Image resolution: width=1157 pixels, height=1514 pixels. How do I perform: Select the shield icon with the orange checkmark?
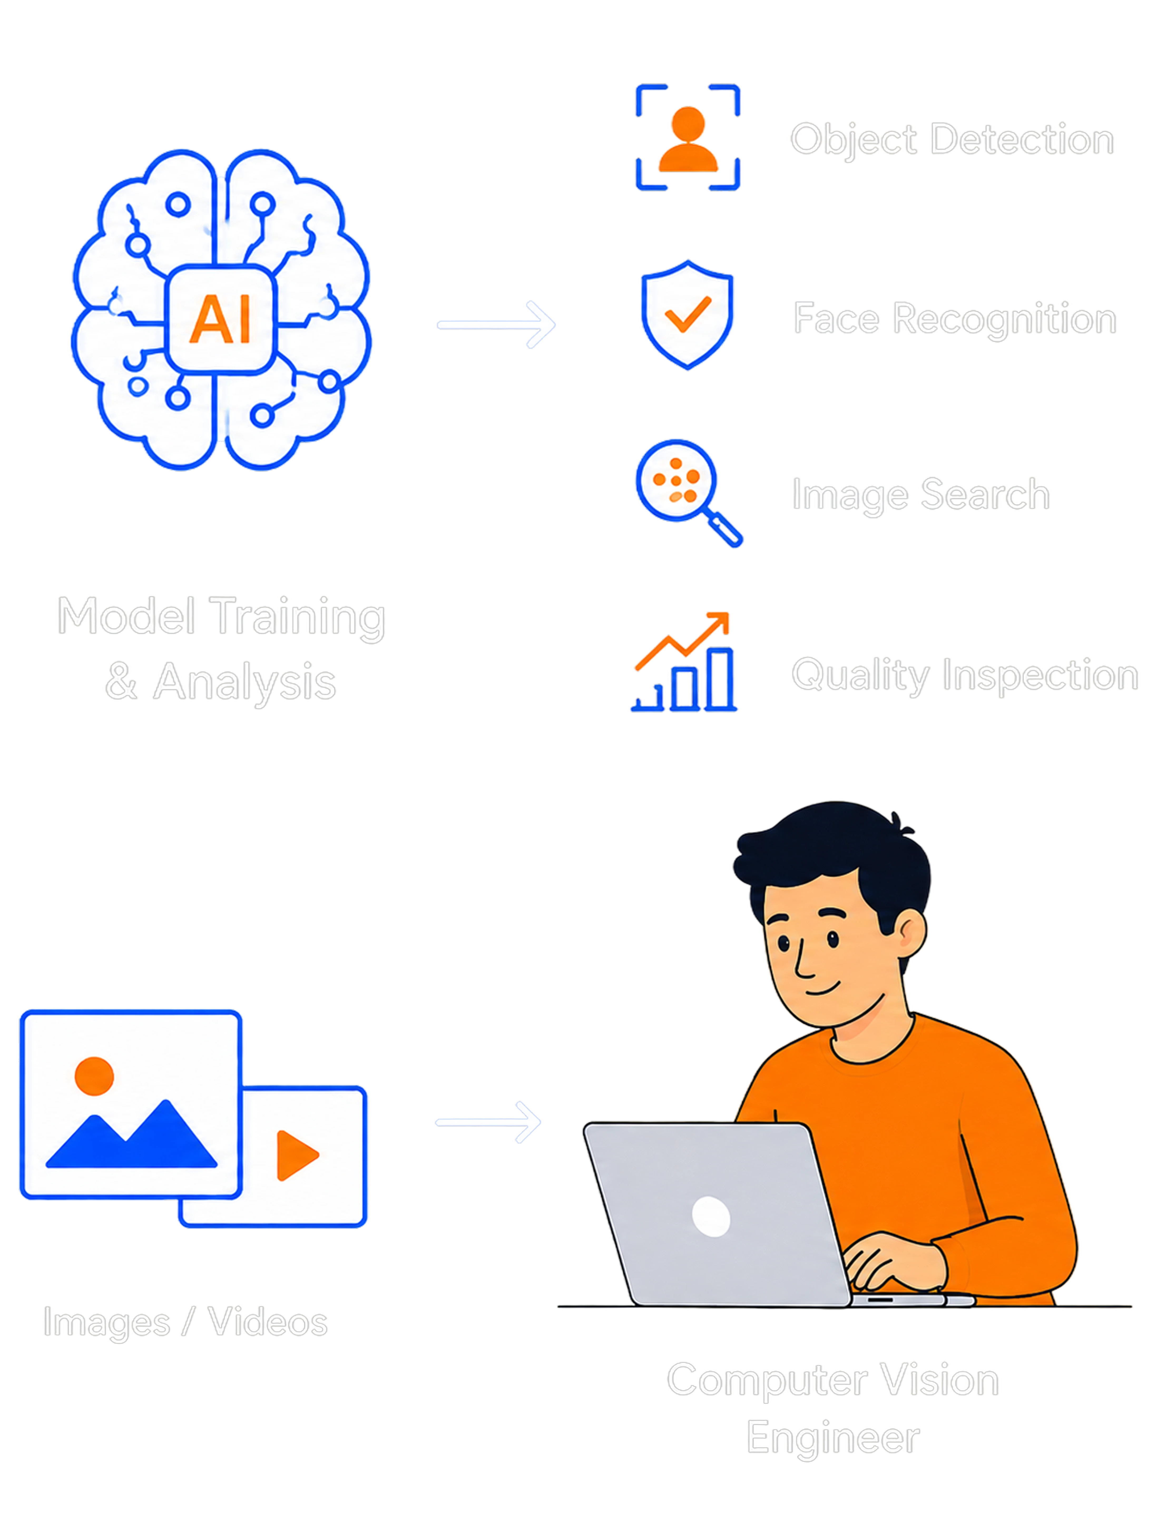(687, 315)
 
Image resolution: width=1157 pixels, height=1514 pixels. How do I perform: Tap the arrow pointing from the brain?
(496, 324)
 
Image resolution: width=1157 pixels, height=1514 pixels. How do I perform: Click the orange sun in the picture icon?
(94, 1076)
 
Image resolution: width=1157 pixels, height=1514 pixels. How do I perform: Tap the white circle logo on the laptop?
(711, 1217)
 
